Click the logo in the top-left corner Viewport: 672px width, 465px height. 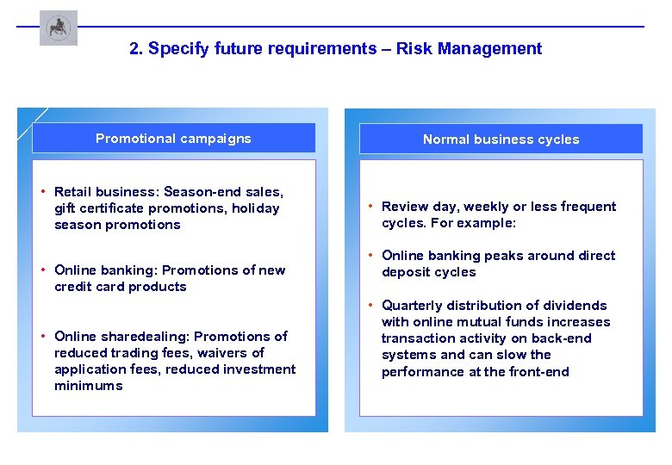(x=58, y=28)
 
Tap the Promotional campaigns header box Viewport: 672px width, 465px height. (x=173, y=138)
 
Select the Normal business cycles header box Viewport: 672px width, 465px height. (x=501, y=139)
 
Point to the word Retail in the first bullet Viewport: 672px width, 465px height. (x=73, y=191)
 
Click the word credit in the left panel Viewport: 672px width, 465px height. (x=73, y=287)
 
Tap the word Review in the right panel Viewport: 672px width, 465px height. (x=403, y=207)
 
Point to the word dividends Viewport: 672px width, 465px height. (x=577, y=306)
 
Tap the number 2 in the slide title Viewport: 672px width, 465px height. (x=134, y=49)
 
